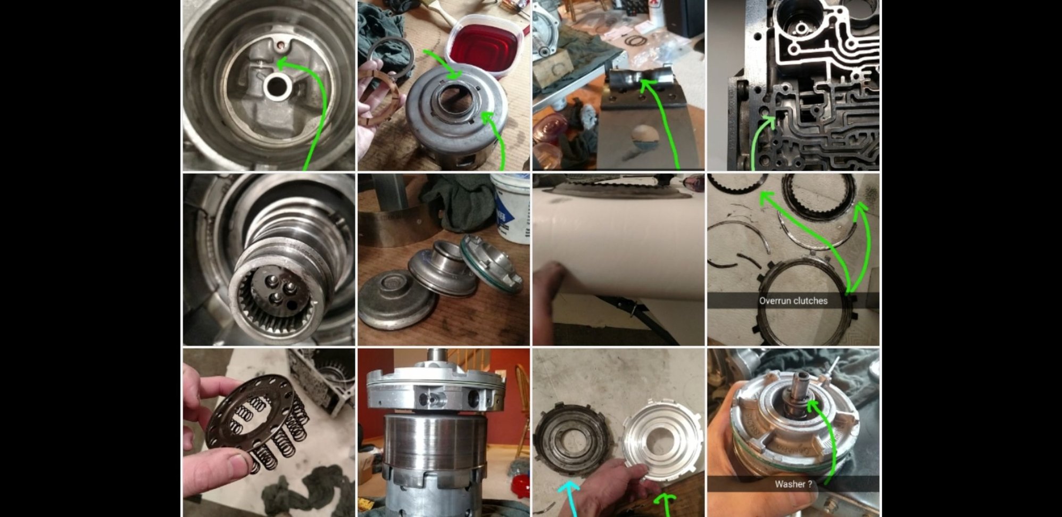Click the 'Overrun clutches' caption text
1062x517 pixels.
pyautogui.click(x=793, y=301)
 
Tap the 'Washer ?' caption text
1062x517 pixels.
pyautogui.click(x=793, y=484)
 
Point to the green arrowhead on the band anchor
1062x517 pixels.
pyautogui.click(x=646, y=85)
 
